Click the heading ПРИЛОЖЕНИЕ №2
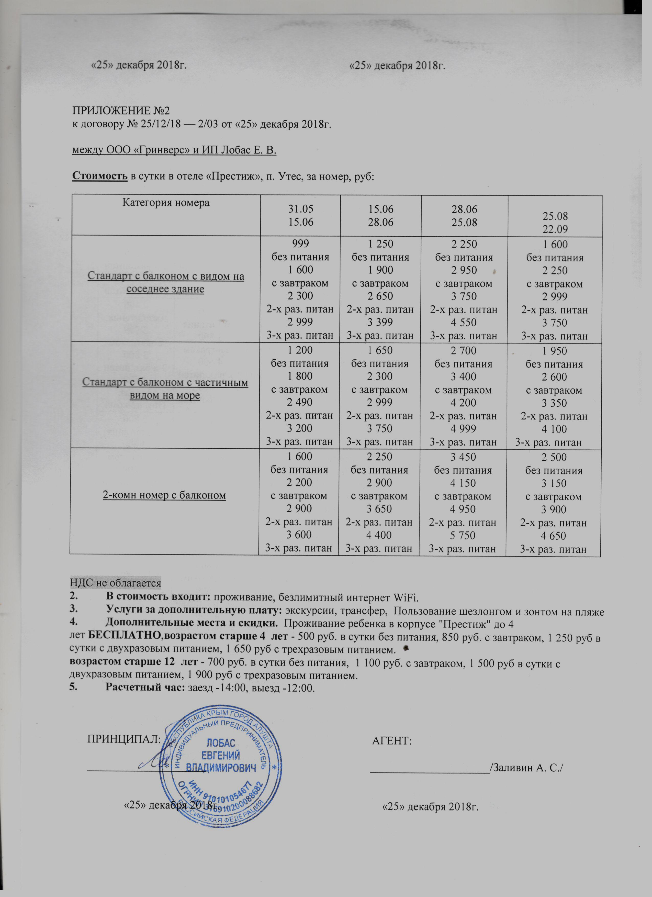tap(121, 111)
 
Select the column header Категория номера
tap(166, 203)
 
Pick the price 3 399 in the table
tap(380, 322)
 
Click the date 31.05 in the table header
tap(301, 209)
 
